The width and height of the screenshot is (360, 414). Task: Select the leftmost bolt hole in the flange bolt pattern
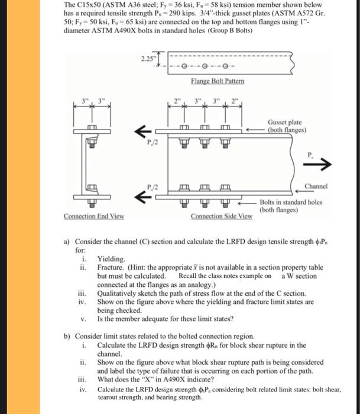pos(185,66)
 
